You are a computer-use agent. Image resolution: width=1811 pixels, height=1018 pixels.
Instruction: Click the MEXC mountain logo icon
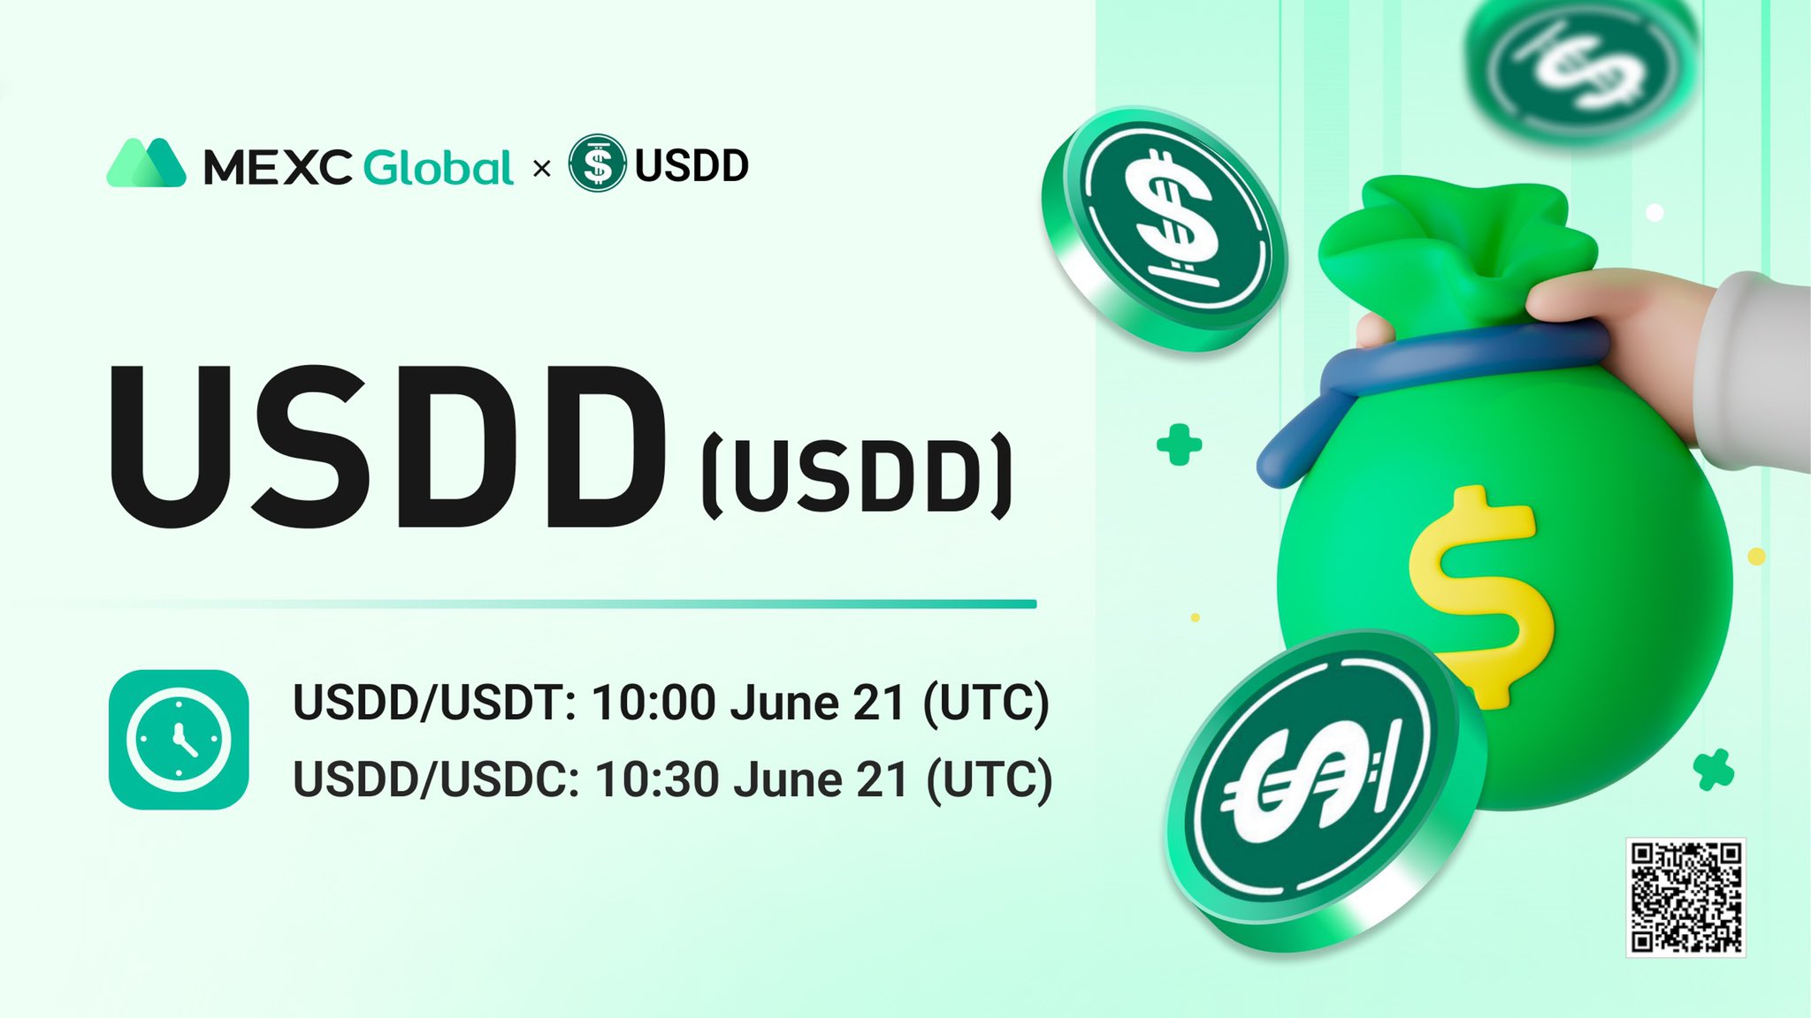146,163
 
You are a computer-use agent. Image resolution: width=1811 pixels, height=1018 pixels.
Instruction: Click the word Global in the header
438,167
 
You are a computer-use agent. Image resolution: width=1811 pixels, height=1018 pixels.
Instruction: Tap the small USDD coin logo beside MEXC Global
597,163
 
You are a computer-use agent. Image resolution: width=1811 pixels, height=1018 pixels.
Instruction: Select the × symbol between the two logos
542,168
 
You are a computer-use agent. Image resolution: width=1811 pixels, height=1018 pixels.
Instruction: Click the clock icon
179,740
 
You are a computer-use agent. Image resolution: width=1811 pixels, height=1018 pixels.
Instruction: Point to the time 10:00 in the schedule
653,704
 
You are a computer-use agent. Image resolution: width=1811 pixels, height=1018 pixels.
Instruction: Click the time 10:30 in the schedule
656,780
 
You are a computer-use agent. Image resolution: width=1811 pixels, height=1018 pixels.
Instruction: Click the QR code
1685,897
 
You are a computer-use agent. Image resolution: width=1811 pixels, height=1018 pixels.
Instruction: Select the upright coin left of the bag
1165,228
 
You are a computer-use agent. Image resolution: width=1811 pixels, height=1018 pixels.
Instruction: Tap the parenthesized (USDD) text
857,475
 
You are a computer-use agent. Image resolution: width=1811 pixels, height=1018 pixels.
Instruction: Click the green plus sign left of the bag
1179,444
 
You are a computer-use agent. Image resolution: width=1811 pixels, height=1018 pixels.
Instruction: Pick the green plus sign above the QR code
1714,770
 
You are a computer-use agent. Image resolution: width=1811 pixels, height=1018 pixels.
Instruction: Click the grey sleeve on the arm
1755,371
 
